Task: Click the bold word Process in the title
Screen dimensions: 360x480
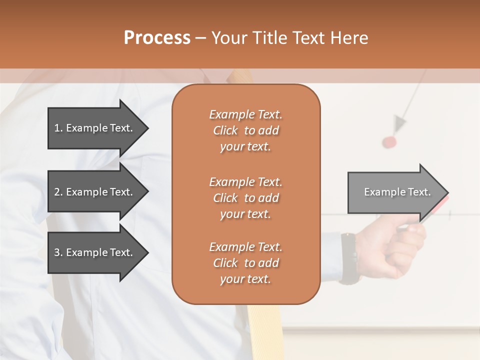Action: click(x=157, y=38)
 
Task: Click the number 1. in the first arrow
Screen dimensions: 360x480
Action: click(x=58, y=128)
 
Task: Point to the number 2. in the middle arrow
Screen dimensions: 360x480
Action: click(x=58, y=192)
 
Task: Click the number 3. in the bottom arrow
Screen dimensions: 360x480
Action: click(x=58, y=252)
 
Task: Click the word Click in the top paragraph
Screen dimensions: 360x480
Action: click(x=225, y=131)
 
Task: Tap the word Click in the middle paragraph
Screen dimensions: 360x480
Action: click(x=225, y=198)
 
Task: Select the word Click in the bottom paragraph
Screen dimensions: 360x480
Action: click(x=225, y=263)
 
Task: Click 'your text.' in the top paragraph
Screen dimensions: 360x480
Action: click(x=245, y=147)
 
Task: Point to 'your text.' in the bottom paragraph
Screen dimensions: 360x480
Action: click(x=245, y=279)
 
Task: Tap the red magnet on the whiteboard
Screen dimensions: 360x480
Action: click(x=389, y=142)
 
